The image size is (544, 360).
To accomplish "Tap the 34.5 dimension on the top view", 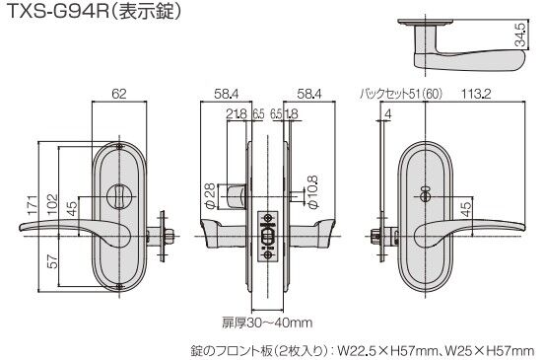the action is (520, 34).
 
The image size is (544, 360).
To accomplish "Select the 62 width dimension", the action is (119, 94).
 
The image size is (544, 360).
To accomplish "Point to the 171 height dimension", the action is (33, 205).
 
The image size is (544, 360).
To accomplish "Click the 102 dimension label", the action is (52, 205).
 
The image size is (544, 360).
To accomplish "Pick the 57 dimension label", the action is (52, 261).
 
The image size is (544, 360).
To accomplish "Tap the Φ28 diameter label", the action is (211, 196).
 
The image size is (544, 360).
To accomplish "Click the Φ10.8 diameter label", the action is (313, 192).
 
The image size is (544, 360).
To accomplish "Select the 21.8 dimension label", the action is (237, 113).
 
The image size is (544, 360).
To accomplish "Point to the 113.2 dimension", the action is (476, 94).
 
